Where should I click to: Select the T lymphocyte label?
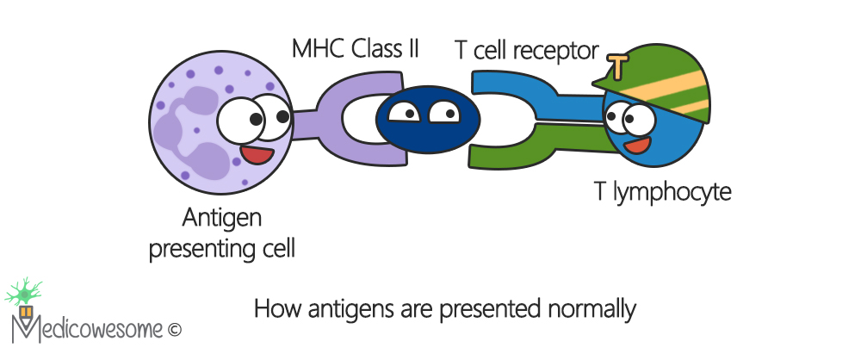point(662,191)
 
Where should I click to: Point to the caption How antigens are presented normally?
point(444,308)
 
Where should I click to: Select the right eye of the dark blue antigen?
point(445,111)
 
